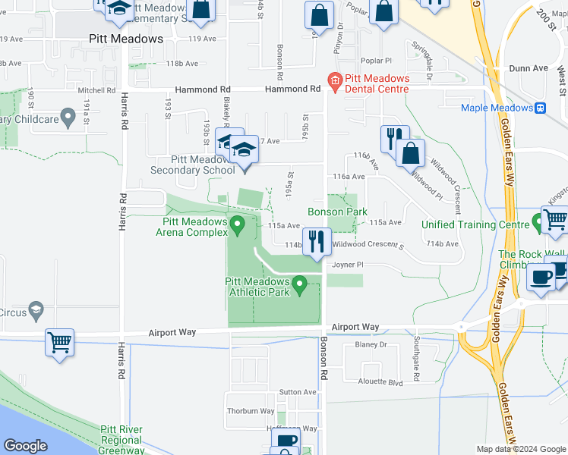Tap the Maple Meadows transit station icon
coord(540,108)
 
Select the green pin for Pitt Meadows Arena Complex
coord(237,224)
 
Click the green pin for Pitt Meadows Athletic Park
coord(299,285)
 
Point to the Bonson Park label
coord(337,212)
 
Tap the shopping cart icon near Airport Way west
coord(60,343)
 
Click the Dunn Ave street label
coord(529,68)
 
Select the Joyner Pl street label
coord(349,265)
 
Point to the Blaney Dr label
coord(371,344)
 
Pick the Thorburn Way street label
coord(251,411)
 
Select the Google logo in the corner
coord(25,446)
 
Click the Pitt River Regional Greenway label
coord(121,440)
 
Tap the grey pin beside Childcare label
coord(68,118)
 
